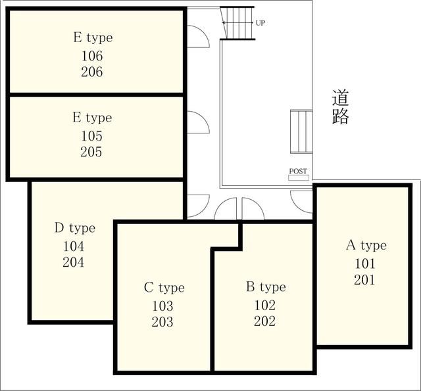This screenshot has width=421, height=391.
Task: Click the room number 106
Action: tap(92, 56)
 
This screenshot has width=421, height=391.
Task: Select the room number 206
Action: tap(92, 72)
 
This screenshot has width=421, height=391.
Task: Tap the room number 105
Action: tap(92, 136)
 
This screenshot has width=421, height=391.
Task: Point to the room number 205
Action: tap(91, 152)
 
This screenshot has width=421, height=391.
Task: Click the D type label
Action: tap(75, 229)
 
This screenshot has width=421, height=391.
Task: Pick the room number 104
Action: tap(74, 246)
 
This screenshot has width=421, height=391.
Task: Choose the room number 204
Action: tap(73, 262)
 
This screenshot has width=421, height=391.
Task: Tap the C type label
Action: tap(164, 288)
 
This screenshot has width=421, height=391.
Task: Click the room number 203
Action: tap(162, 322)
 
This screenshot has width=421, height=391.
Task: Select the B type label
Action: tap(266, 287)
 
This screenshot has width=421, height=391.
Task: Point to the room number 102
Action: tap(264, 305)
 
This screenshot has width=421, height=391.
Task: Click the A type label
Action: tap(366, 246)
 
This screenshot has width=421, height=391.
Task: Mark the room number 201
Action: tap(364, 280)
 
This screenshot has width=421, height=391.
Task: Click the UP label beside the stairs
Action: tap(260, 23)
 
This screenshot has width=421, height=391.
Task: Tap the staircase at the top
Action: tap(237, 23)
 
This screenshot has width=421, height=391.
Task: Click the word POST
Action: tap(298, 171)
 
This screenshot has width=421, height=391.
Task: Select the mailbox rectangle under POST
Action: tap(299, 177)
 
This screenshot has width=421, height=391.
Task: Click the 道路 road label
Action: tap(341, 107)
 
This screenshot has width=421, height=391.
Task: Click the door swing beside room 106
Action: tap(199, 37)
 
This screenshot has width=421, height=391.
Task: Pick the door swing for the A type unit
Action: tap(301, 202)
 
